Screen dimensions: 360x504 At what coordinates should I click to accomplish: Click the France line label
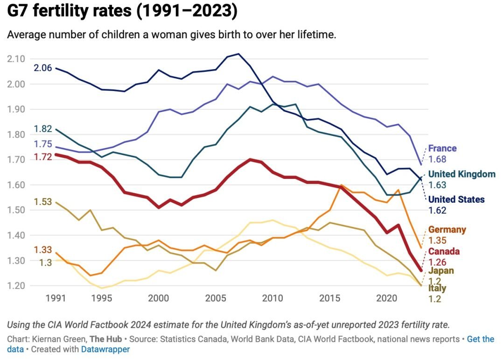442,148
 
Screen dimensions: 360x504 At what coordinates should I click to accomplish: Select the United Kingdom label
462,174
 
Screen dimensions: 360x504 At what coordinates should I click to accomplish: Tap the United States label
456,200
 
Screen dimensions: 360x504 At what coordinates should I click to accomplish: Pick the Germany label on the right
447,230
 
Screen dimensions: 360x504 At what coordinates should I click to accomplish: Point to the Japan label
441,271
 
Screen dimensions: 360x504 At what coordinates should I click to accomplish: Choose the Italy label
437,289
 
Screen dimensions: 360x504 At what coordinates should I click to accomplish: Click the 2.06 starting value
42,68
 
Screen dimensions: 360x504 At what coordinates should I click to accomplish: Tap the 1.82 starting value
42,129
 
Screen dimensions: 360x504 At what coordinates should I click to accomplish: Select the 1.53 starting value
42,202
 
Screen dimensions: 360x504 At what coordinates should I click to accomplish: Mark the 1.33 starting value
42,250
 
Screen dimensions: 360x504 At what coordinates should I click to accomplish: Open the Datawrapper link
105,349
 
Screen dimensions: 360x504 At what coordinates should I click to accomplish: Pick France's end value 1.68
437,159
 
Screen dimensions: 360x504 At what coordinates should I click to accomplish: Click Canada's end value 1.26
437,262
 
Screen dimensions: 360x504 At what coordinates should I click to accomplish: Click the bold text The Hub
105,339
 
